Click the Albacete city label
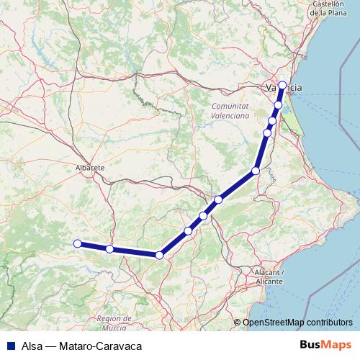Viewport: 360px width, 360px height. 90,167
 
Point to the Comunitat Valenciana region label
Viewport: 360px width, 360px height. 230,110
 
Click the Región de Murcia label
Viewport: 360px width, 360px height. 116,322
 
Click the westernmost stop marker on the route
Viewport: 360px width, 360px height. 77,243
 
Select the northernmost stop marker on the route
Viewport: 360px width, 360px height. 283,85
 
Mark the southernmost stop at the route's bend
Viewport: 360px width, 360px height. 159,255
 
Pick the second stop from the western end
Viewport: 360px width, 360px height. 109,249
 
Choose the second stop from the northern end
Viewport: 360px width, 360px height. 278,105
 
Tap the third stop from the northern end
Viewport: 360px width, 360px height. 272,121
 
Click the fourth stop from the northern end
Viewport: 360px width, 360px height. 267,132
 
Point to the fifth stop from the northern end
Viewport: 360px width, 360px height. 255,171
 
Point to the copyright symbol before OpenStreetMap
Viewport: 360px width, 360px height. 238,323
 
